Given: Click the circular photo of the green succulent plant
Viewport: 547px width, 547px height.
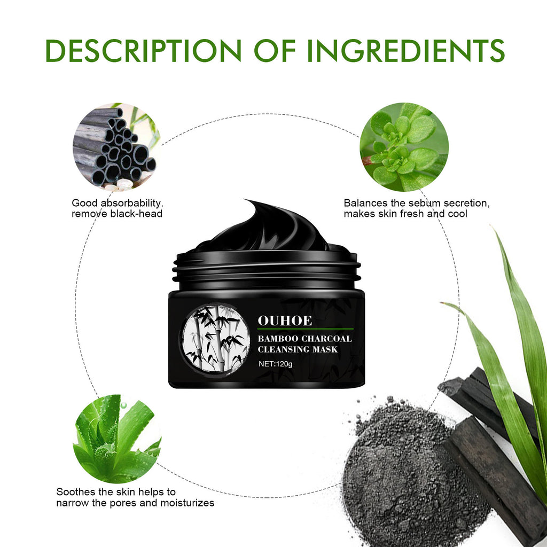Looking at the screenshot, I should [404, 147].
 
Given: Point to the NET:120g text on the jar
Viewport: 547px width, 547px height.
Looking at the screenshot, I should [276, 364].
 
